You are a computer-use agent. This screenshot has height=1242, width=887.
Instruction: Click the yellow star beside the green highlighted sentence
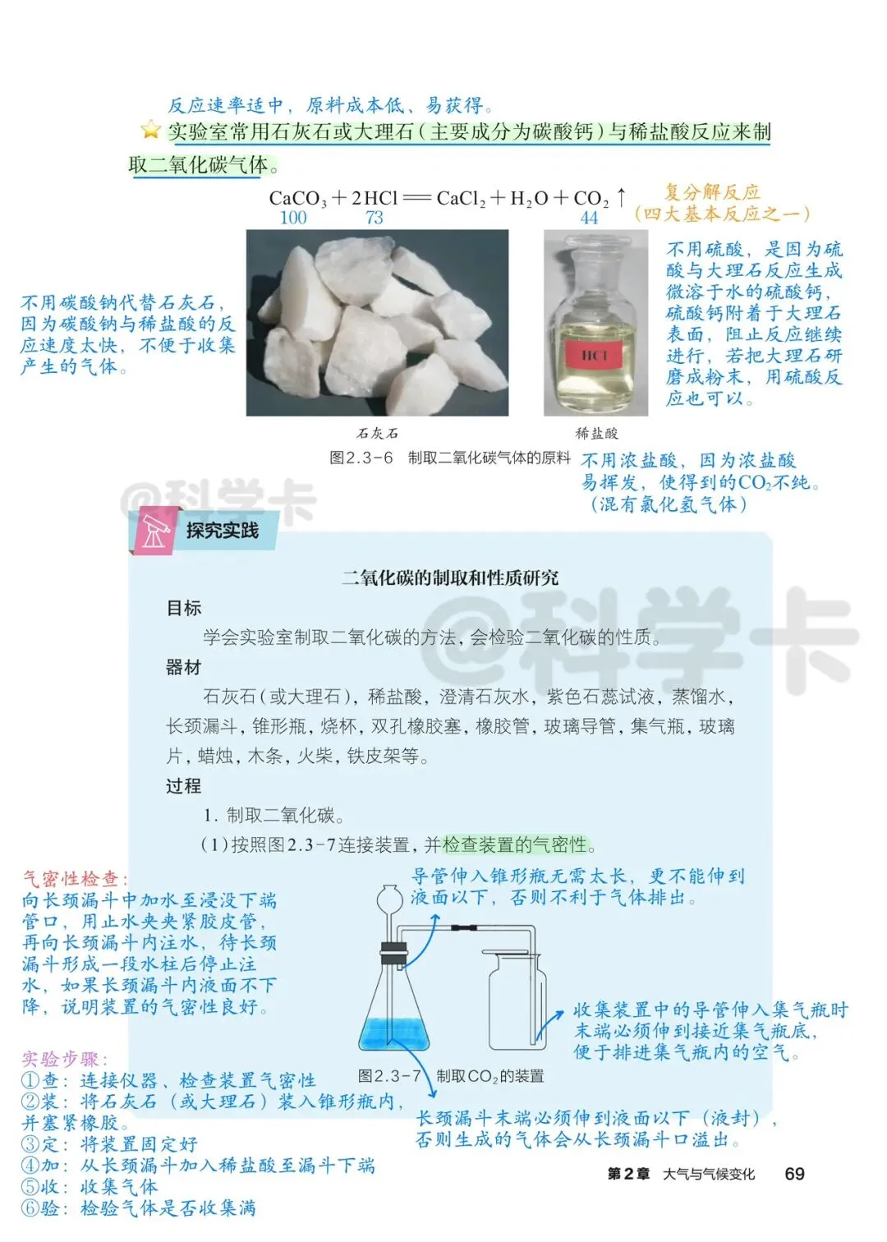coord(150,130)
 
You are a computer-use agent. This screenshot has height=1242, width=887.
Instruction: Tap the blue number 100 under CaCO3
coord(293,218)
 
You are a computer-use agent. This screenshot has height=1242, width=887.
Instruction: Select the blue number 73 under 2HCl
coord(375,218)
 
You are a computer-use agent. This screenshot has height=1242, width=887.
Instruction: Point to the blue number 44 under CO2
coord(590,218)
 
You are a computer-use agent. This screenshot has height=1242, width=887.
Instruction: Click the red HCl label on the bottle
coord(595,355)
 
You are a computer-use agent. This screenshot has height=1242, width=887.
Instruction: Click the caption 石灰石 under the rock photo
coord(378,433)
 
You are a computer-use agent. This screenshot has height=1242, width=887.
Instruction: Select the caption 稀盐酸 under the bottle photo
coord(596,433)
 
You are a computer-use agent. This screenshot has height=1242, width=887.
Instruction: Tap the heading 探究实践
coord(223,531)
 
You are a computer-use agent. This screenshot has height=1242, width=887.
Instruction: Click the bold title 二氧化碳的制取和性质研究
coord(449,577)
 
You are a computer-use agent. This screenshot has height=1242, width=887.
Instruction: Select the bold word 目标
coord(183,608)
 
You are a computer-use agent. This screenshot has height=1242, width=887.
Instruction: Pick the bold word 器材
coord(183,668)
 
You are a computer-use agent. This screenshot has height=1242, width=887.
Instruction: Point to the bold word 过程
coord(183,785)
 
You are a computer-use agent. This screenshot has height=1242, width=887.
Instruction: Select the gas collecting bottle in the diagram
coord(517,1000)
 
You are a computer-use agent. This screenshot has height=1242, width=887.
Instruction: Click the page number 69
coord(794,1173)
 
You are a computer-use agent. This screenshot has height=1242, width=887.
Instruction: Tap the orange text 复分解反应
coord(712,192)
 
